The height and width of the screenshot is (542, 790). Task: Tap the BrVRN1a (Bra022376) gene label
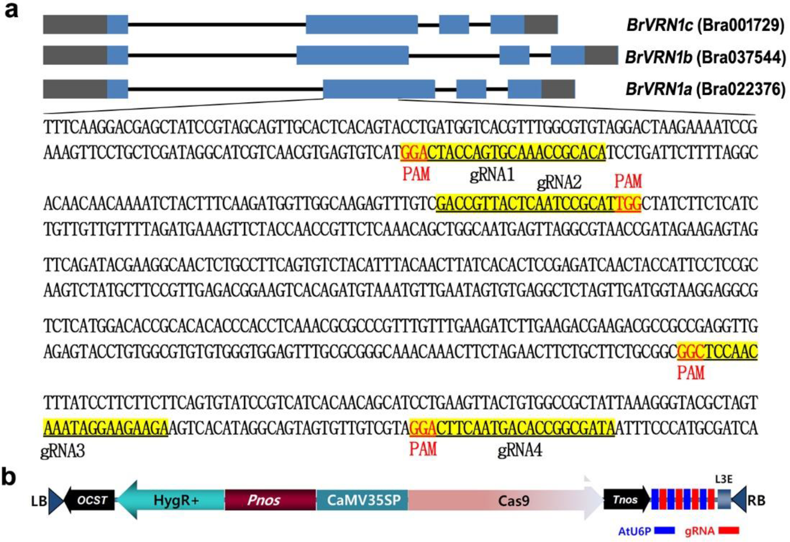pyautogui.click(x=705, y=89)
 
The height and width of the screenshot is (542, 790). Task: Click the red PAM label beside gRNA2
pyautogui.click(x=628, y=181)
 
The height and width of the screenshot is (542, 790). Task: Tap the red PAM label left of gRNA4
pyautogui.click(x=423, y=449)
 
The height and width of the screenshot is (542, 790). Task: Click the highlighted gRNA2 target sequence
pyautogui.click(x=526, y=203)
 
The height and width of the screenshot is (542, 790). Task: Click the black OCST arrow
pyautogui.click(x=90, y=500)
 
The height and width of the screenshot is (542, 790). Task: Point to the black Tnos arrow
pyautogui.click(x=625, y=500)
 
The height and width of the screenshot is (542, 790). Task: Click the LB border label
pyautogui.click(x=38, y=501)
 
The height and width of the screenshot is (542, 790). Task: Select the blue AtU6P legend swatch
pyautogui.click(x=664, y=530)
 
